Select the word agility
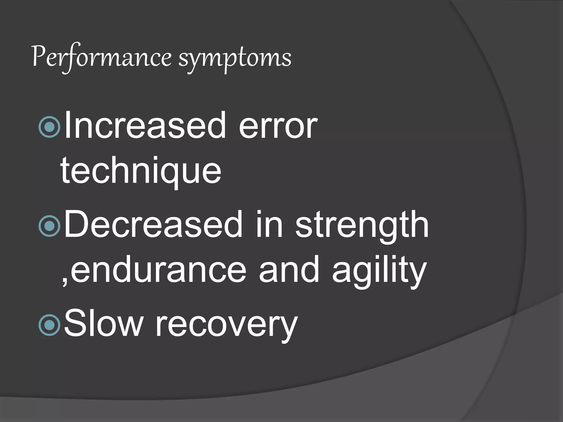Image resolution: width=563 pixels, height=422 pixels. [x=379, y=272]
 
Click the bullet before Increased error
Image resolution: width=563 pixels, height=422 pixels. [x=49, y=127]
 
